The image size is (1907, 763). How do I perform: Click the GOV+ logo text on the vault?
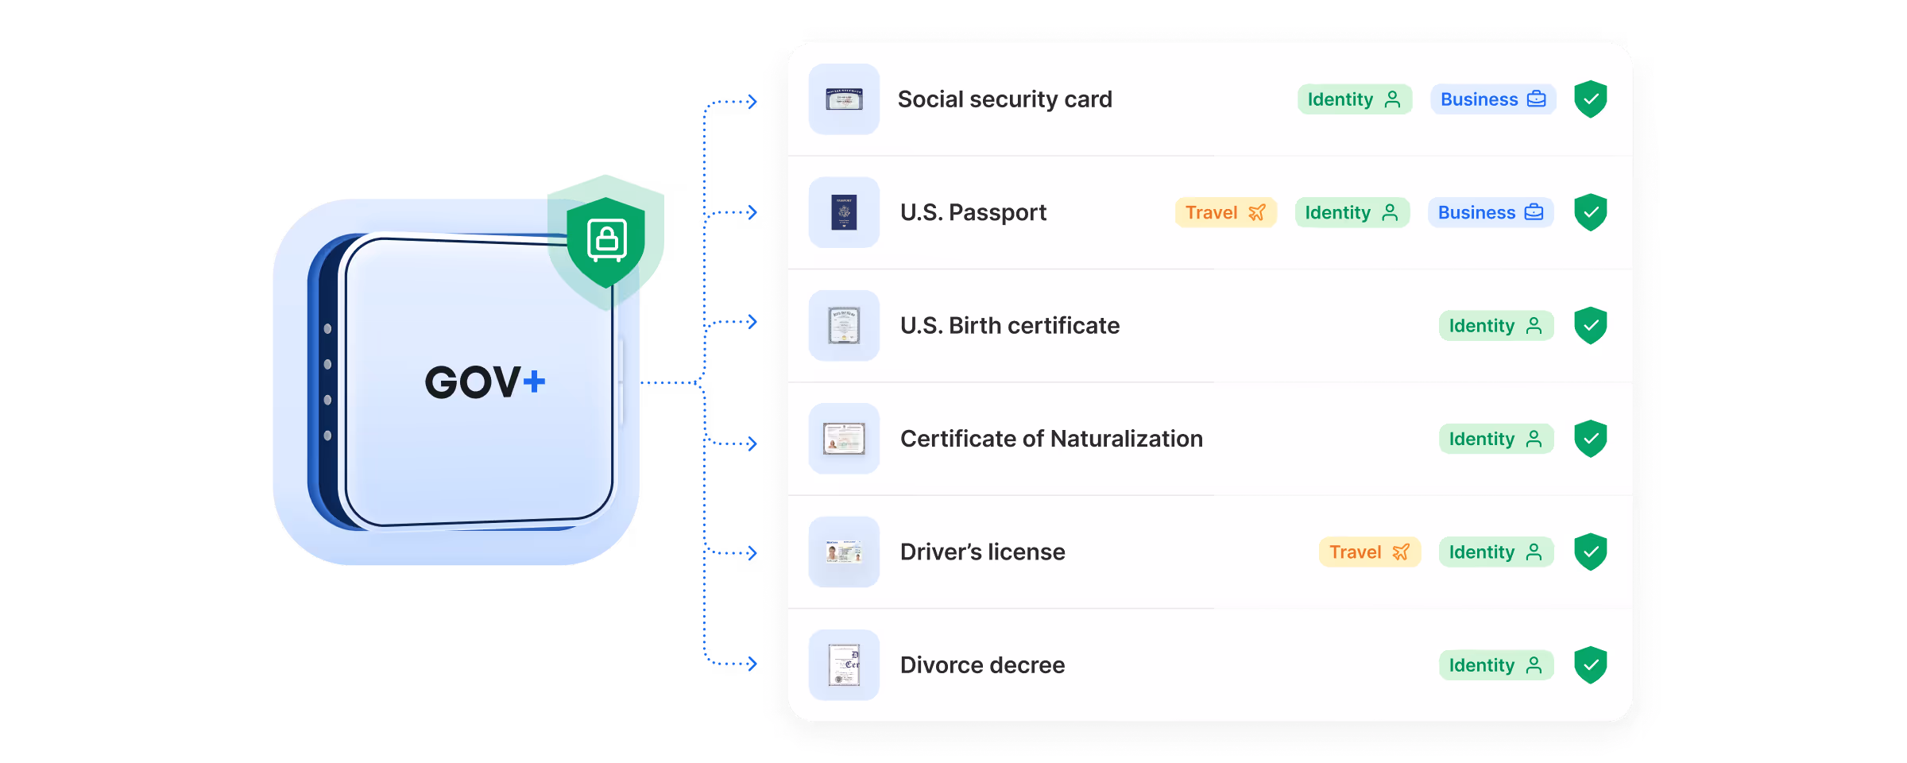click(x=485, y=382)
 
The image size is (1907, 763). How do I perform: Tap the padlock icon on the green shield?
click(x=607, y=239)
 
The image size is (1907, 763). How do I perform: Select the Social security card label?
click(x=1004, y=99)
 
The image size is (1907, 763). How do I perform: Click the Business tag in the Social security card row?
click(x=1492, y=99)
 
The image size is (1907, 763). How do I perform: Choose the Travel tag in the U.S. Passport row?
click(x=1225, y=212)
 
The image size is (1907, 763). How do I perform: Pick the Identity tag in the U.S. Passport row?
click(x=1352, y=212)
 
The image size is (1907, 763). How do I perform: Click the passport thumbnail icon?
click(x=844, y=212)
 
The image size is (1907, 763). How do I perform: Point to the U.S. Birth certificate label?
click(x=1009, y=326)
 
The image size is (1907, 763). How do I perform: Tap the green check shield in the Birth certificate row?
click(x=1591, y=326)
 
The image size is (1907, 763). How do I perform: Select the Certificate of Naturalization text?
click(x=1051, y=439)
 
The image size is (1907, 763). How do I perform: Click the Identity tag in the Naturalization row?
click(x=1495, y=439)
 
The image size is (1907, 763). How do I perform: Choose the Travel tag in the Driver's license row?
click(x=1369, y=552)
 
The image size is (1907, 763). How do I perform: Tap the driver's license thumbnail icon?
click(x=844, y=552)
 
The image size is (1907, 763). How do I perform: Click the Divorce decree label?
click(x=982, y=665)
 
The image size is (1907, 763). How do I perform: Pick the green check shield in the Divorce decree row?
click(x=1591, y=665)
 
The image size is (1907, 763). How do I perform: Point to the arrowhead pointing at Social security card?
click(x=752, y=102)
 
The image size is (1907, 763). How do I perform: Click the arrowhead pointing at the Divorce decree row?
click(x=752, y=664)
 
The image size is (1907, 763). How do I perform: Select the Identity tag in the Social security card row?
click(x=1354, y=99)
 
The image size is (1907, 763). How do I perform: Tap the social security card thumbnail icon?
click(x=844, y=99)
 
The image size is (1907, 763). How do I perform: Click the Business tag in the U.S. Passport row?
click(x=1490, y=212)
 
